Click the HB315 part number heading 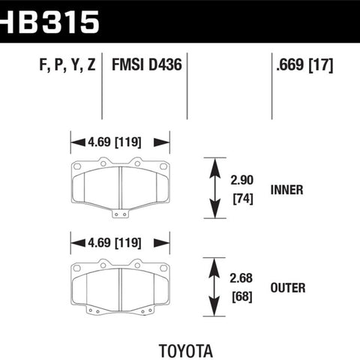pyautogui.click(x=49, y=22)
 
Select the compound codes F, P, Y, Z pyautogui.click(x=67, y=65)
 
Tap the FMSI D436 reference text pyautogui.click(x=147, y=65)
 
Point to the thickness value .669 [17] pyautogui.click(x=304, y=65)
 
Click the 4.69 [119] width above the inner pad pyautogui.click(x=115, y=142)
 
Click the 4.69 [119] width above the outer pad pyautogui.click(x=115, y=243)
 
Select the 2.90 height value pyautogui.click(x=241, y=180)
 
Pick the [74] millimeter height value pyautogui.click(x=243, y=199)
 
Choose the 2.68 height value pyautogui.click(x=241, y=278)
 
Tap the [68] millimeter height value pyautogui.click(x=242, y=297)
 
